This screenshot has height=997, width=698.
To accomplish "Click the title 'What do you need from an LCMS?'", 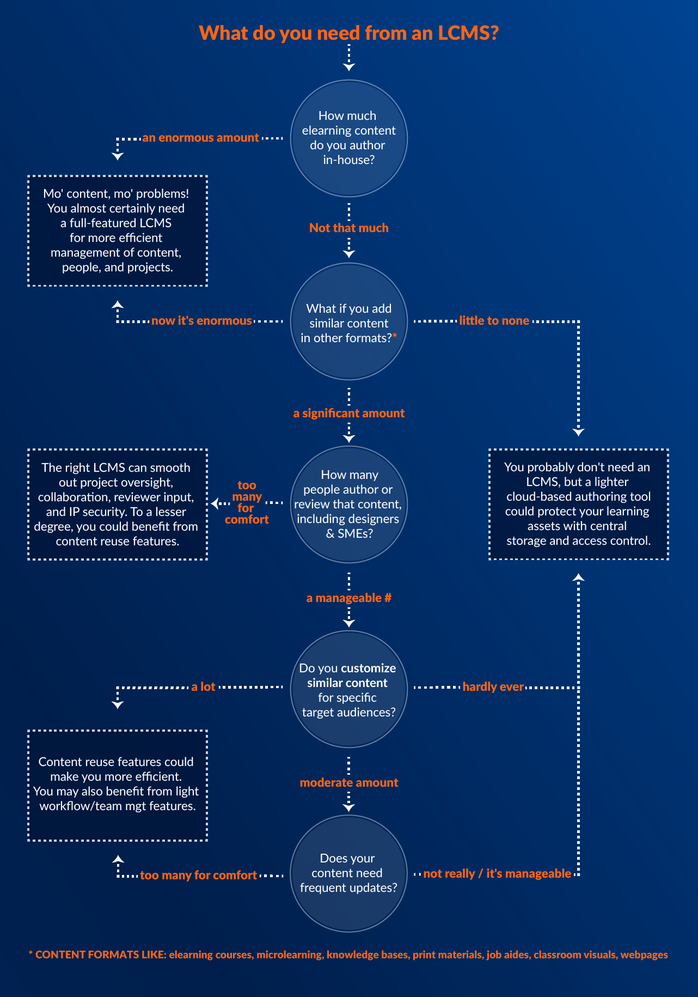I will tap(348, 33).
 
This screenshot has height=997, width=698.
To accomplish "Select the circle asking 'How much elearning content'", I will tap(348, 138).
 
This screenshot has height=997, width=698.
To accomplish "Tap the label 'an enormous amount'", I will tap(200, 138).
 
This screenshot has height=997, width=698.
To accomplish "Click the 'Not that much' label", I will tap(348, 228).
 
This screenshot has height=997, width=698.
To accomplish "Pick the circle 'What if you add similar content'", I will tap(348, 322).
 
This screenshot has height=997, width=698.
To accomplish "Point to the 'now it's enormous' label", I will tap(201, 321).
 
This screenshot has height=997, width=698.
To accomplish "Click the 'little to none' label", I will tap(494, 321).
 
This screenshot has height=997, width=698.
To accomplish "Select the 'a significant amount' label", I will tap(348, 413).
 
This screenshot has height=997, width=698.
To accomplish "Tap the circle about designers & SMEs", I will tap(348, 504).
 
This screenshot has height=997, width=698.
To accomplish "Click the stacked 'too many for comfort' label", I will tap(247, 502).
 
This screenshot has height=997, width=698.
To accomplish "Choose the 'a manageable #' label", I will tap(348, 598).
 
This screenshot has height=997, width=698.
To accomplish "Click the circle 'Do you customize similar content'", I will tap(348, 689).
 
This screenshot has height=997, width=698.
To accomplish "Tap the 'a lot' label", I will tap(203, 687).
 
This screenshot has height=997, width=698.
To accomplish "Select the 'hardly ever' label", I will tap(493, 687).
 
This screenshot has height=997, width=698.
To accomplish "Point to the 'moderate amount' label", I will tap(348, 782).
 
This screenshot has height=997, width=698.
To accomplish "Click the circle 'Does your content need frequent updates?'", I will tap(348, 873).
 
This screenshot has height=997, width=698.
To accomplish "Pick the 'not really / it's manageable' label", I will tap(497, 874).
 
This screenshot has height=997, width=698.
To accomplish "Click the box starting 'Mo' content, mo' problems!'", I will tap(118, 230).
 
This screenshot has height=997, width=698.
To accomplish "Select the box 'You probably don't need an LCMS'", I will tap(578, 504).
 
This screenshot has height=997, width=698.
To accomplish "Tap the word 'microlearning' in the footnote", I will tap(289, 955).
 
